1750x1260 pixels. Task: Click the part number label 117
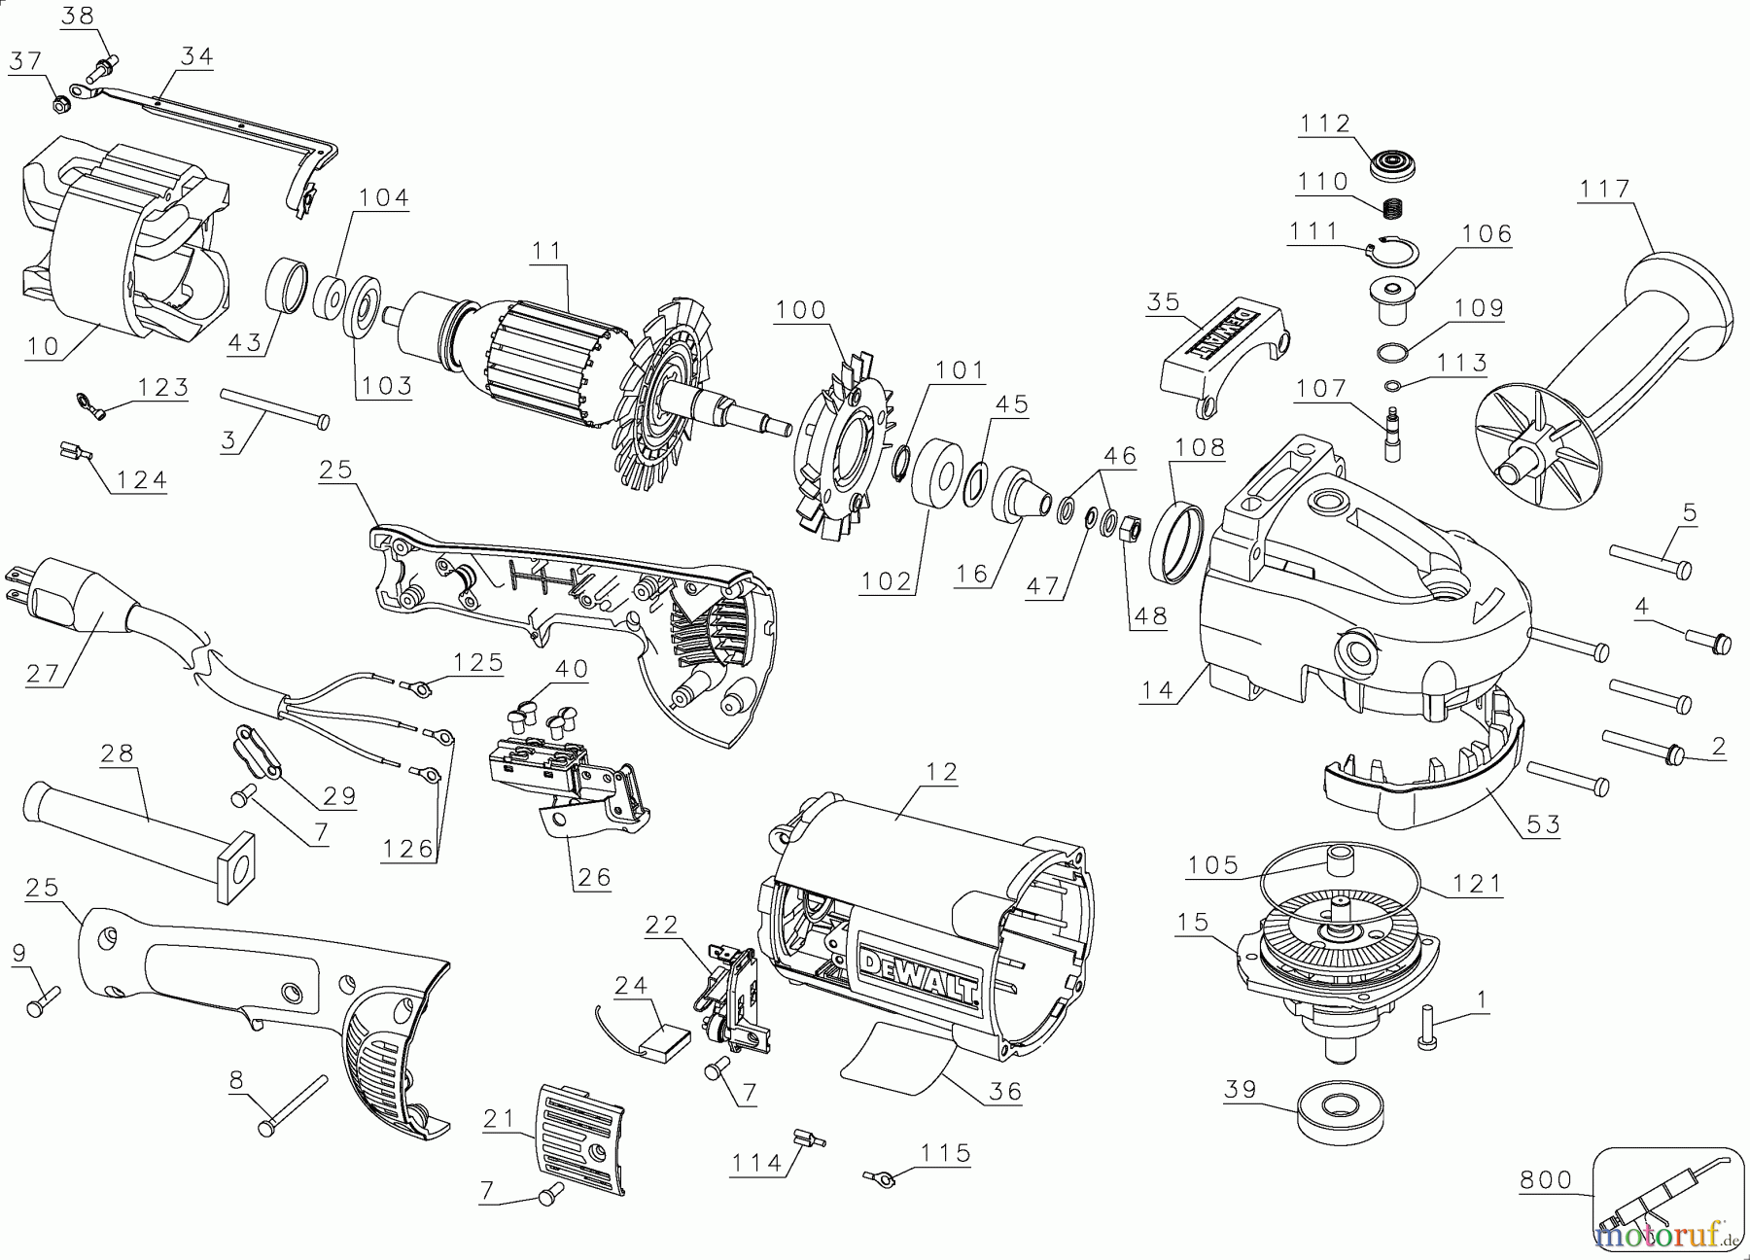coord(1604,189)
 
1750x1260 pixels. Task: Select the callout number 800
coord(1546,1179)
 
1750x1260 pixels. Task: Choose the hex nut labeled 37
coord(59,100)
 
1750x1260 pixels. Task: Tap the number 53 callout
coord(1543,824)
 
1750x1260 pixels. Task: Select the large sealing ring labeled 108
coord(1176,543)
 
